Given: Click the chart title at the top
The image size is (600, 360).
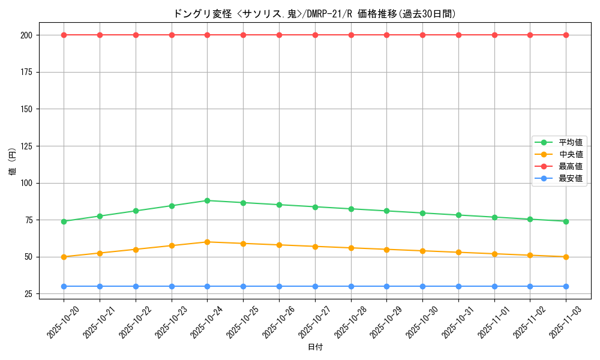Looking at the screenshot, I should point(314,14).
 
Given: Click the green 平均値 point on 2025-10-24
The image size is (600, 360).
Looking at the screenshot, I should point(207,200).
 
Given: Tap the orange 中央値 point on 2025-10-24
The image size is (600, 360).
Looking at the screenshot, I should point(207,242).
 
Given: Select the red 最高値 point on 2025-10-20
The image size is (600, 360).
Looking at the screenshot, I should point(64,35).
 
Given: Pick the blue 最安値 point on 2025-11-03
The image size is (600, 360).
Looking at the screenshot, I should point(566,286).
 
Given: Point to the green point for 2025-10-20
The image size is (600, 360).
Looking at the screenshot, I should point(64,221).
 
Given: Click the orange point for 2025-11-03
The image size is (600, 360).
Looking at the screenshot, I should point(566,257).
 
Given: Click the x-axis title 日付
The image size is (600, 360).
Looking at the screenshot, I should point(315,347).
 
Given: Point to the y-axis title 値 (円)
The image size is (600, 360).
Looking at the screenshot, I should point(13,162).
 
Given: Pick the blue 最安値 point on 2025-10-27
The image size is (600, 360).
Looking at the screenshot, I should point(315,286).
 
